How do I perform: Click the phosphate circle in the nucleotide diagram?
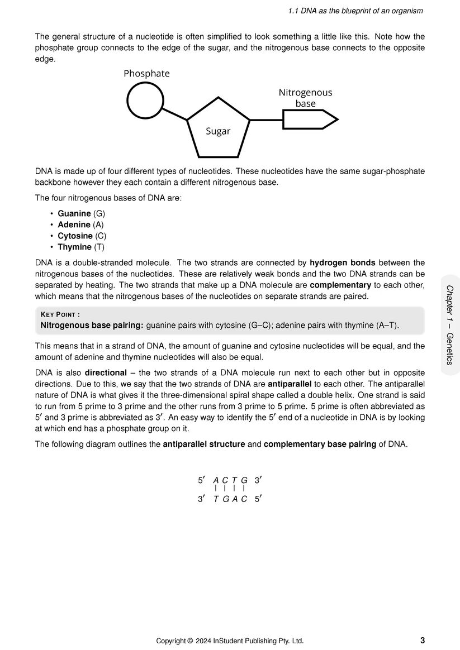145,101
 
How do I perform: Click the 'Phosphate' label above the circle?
146,74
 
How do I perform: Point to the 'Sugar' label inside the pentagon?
218,131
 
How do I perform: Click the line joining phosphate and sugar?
175,113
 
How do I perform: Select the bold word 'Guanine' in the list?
74,213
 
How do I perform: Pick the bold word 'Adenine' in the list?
74,224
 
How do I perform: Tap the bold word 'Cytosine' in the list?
75,236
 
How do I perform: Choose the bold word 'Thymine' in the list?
74,247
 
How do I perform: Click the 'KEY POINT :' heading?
60,314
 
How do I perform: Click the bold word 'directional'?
106,372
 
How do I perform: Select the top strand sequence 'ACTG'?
230,480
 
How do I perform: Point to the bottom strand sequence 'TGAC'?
230,499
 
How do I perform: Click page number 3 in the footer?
422,640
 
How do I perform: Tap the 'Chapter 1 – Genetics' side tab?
450,324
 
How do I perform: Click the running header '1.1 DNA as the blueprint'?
355,11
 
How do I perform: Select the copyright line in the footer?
230,641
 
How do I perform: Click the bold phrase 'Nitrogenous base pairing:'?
92,325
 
